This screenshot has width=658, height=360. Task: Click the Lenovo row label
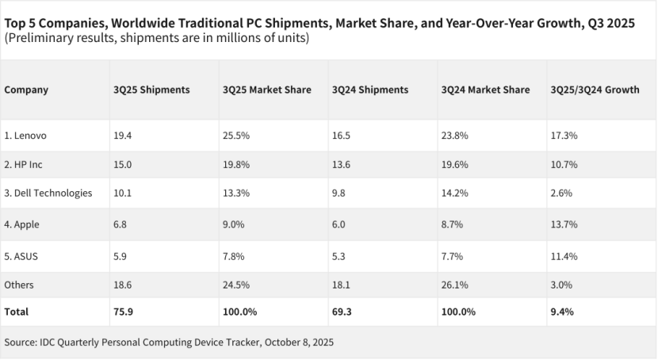tap(25, 136)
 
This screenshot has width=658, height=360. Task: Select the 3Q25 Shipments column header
tap(151, 90)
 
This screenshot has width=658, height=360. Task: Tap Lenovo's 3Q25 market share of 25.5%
tap(236, 136)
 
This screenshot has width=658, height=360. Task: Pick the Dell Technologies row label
tap(48, 193)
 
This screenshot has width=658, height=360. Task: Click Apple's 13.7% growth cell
tap(564, 224)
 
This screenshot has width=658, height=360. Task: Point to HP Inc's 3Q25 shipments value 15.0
tap(122, 164)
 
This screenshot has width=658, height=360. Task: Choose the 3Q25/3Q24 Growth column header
tap(595, 90)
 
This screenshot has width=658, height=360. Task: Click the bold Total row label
tap(17, 312)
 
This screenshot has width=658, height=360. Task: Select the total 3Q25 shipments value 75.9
tap(123, 312)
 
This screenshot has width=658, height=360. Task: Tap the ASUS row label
tap(22, 255)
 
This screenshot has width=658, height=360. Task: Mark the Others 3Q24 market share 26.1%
tap(455, 284)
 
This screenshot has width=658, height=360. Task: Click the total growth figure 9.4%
tap(562, 312)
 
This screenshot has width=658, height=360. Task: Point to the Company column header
tap(26, 90)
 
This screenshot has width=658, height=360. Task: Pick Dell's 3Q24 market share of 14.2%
tap(455, 193)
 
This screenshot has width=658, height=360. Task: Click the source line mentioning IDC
tap(169, 343)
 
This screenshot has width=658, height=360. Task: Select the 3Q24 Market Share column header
tap(485, 90)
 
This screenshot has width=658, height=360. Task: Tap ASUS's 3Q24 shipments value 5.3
tap(339, 255)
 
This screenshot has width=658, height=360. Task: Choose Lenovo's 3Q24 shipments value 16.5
tap(342, 136)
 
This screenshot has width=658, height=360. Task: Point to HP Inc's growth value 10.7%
tap(564, 164)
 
